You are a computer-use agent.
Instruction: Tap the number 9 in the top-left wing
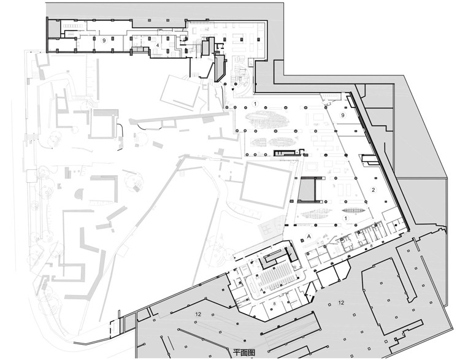tap(105, 40)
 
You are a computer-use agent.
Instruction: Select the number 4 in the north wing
tap(157, 45)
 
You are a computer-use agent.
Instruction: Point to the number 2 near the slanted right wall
tap(373, 190)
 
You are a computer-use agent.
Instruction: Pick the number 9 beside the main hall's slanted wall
tap(343, 114)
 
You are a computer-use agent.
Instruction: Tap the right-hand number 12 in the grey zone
tap(341, 303)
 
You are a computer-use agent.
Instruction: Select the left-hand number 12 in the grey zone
tap(197, 314)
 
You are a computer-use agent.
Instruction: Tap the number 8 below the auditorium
tap(274, 303)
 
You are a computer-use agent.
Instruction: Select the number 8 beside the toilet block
tap(371, 246)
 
